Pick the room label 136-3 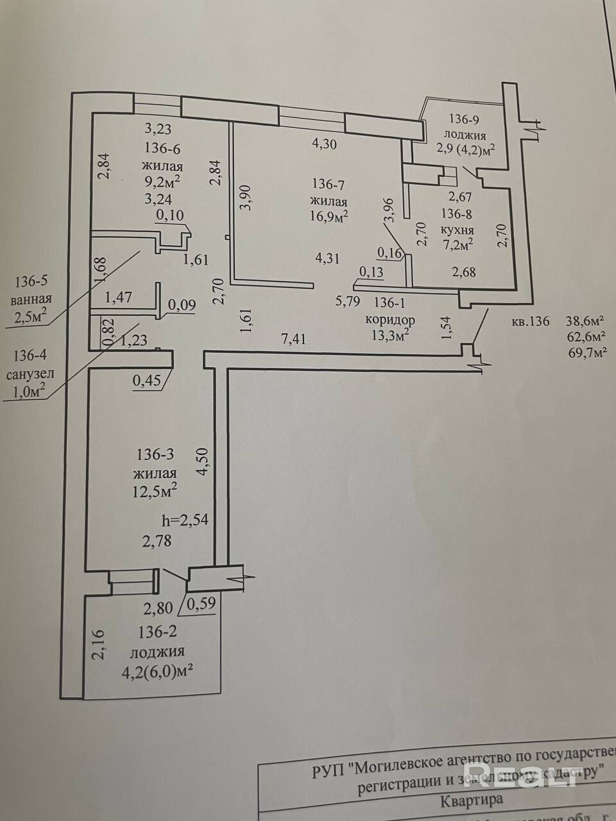(155, 455)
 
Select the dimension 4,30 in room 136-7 (324, 144)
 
